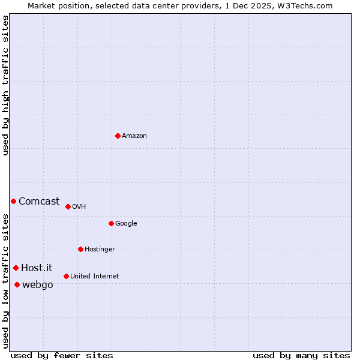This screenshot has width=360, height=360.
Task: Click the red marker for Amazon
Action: click(118, 136)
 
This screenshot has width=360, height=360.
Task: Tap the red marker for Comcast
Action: click(13, 201)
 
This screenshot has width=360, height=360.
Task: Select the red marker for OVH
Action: click(68, 206)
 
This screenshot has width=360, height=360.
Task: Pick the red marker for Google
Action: click(111, 223)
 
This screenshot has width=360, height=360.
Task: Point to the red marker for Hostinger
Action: click(80, 249)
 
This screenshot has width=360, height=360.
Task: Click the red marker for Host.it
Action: click(16, 268)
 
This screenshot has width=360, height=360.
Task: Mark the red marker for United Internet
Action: click(66, 276)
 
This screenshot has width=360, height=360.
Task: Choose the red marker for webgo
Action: click(17, 284)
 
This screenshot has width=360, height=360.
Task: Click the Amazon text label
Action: click(134, 136)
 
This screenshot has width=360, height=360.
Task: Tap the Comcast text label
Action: click(39, 201)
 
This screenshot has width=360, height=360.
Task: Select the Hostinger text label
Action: click(100, 249)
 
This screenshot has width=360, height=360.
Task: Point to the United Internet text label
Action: click(94, 276)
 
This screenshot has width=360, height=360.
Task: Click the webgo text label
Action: click(37, 284)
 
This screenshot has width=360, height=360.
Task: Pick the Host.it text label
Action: click(37, 268)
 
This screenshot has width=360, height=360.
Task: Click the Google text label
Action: click(126, 223)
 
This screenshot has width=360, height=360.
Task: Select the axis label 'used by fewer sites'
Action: click(62, 355)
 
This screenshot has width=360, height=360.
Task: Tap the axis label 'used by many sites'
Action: click(301, 355)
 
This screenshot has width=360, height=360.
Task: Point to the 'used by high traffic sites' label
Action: click(5, 85)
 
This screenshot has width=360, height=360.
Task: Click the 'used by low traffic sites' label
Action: click(5, 281)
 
